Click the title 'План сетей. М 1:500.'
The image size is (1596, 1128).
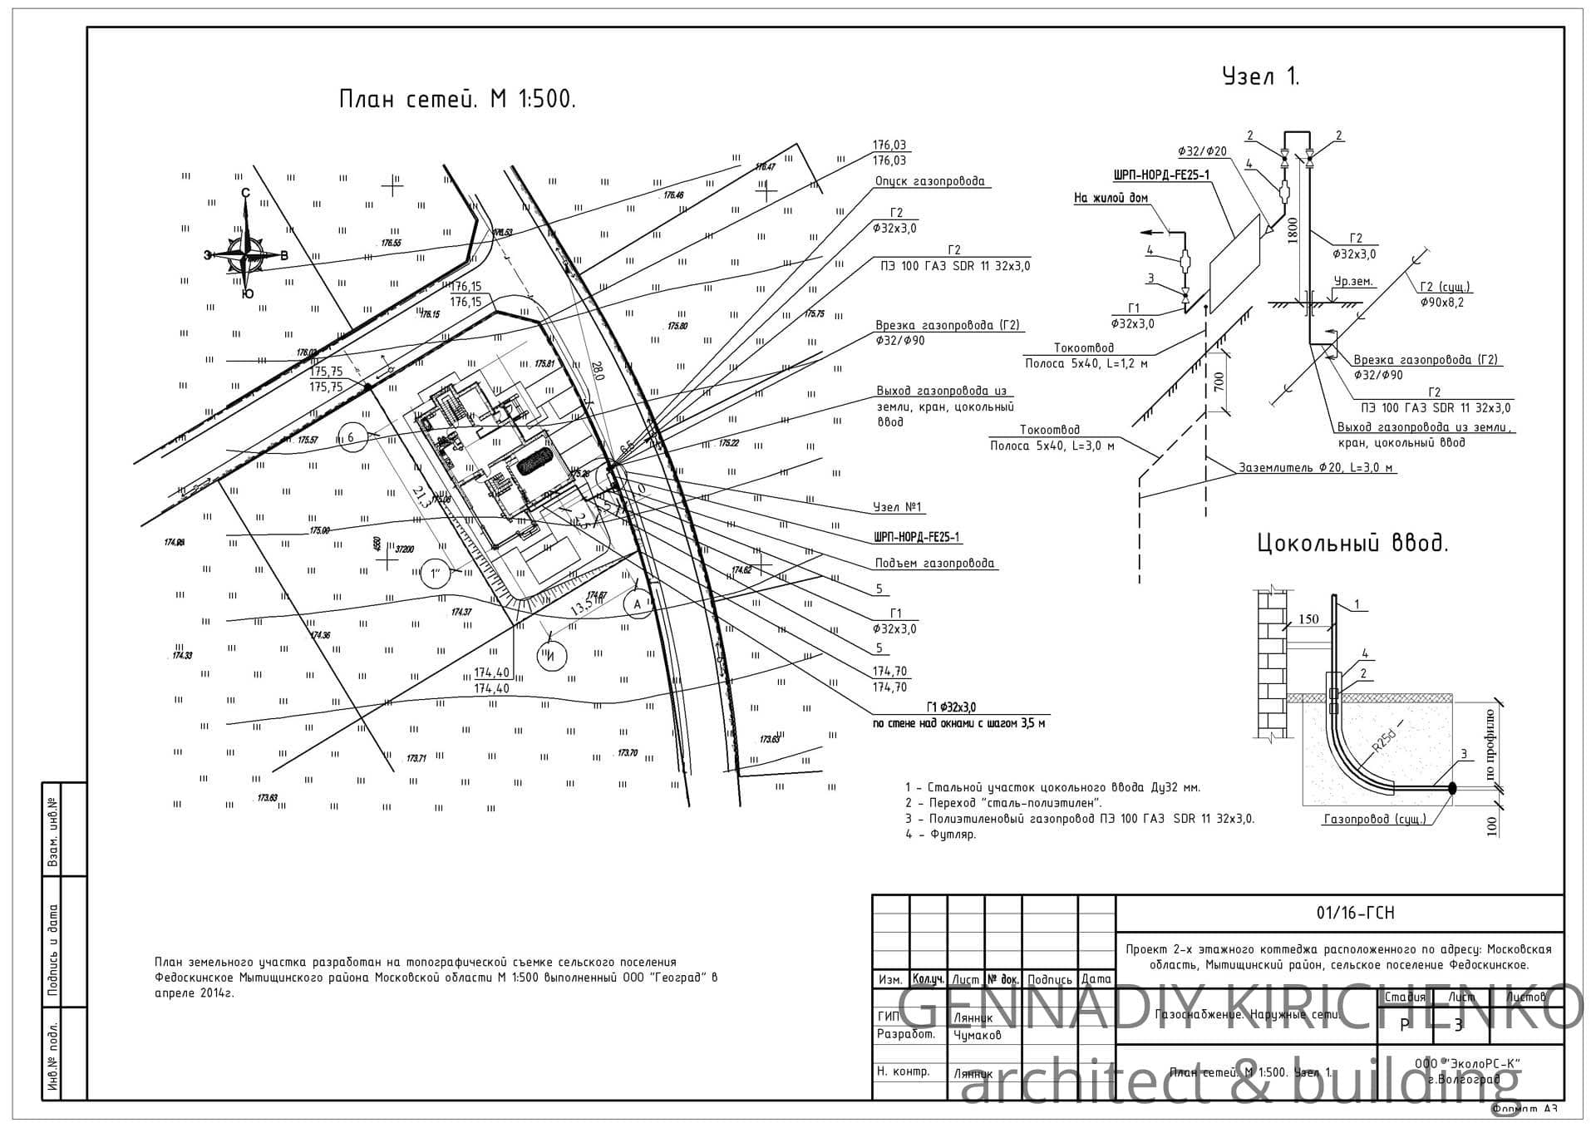tap(457, 100)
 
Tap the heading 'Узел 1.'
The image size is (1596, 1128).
tap(1260, 77)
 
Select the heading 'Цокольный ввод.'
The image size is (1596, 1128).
tap(1352, 544)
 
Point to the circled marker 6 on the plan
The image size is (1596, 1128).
tap(351, 437)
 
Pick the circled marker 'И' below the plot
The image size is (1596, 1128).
tap(551, 657)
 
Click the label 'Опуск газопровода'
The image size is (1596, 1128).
tap(929, 181)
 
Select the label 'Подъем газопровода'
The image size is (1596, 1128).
tap(934, 564)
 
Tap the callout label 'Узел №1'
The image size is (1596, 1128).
tap(898, 507)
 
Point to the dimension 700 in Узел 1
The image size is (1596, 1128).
tap(1219, 382)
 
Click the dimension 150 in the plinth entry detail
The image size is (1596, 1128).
tap(1308, 619)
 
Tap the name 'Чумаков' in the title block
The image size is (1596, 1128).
tap(977, 1036)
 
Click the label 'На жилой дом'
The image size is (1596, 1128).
tap(1111, 198)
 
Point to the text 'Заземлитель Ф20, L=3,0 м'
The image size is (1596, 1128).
tap(1316, 467)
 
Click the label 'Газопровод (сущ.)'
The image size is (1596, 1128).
tap(1374, 819)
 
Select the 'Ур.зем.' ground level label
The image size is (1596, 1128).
tap(1353, 282)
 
